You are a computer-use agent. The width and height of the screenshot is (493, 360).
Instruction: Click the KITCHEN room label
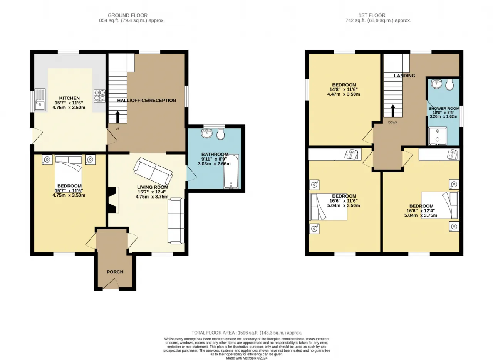point(69,98)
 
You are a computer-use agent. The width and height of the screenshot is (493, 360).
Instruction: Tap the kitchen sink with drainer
point(40,100)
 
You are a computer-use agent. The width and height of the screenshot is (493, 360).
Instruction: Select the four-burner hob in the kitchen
point(99,96)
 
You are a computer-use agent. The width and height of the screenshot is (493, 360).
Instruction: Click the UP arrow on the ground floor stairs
point(117,117)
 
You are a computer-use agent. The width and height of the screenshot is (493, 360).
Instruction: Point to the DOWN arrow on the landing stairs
point(393,111)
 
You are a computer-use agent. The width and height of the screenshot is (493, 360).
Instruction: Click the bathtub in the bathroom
point(231,172)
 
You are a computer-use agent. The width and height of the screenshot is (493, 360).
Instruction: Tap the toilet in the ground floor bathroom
point(220,134)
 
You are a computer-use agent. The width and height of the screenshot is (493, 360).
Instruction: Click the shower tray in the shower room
point(438,136)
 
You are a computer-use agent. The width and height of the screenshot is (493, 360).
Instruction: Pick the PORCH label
point(115,272)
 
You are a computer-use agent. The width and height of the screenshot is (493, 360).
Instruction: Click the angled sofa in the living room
point(153,171)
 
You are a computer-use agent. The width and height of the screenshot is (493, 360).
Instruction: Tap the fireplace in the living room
point(113,200)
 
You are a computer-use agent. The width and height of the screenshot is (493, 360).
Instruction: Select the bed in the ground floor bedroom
point(69,173)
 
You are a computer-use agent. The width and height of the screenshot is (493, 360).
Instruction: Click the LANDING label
point(404,76)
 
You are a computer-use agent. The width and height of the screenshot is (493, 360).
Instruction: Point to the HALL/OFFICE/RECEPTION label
point(147,101)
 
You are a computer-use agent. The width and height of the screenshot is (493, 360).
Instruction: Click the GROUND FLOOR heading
point(127,15)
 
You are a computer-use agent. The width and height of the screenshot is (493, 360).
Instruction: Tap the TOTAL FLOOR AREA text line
point(246,333)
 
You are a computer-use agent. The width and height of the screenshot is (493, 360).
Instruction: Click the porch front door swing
point(111,284)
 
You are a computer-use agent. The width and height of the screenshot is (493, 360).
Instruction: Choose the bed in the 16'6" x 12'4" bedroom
point(440,205)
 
